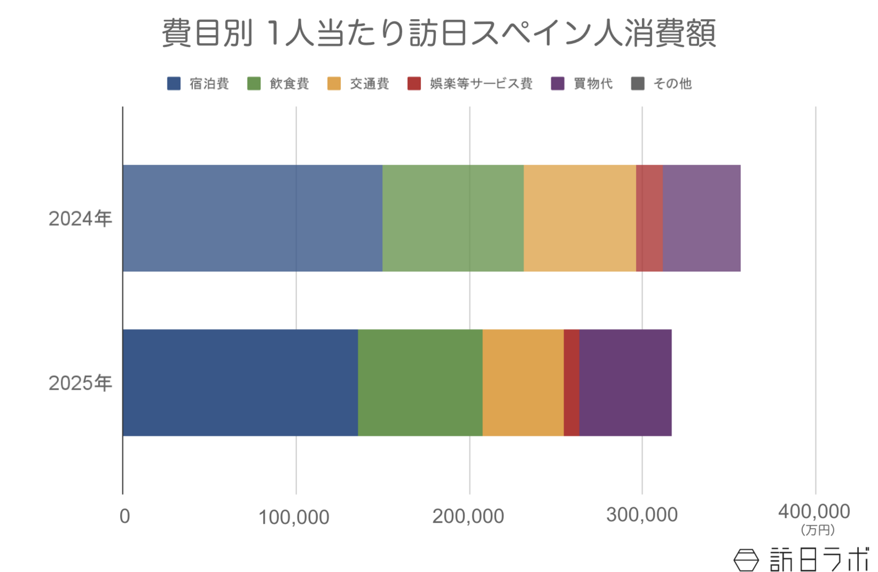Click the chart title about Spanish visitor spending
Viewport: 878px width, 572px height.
pos(438,33)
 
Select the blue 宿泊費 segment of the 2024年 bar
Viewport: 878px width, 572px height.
pos(252,218)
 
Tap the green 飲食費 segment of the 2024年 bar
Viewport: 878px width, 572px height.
pos(453,218)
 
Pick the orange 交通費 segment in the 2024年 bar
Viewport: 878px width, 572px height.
pos(579,218)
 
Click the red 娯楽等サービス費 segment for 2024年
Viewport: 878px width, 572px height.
pos(649,218)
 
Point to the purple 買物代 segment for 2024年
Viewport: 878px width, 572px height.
pos(701,218)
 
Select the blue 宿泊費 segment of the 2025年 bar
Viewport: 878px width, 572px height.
pos(240,382)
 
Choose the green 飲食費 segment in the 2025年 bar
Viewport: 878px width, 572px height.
pos(420,382)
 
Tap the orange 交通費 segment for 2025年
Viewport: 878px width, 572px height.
pos(523,382)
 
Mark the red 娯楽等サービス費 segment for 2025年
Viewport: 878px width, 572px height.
pos(571,382)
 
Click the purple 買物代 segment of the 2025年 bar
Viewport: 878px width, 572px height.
pos(625,382)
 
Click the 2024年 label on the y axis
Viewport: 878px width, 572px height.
pos(80,218)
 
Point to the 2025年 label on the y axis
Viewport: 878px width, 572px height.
pos(80,383)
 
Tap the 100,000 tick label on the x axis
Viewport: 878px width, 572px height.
pos(294,517)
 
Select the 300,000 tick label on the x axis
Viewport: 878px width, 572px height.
pos(641,515)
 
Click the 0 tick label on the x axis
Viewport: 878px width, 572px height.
pos(125,517)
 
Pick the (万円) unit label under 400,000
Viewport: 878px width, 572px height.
pos(818,530)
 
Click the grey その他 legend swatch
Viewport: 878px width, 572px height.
pos(638,83)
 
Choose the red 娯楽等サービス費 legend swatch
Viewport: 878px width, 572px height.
pos(414,83)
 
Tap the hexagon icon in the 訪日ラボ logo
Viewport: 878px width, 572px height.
pos(746,559)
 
